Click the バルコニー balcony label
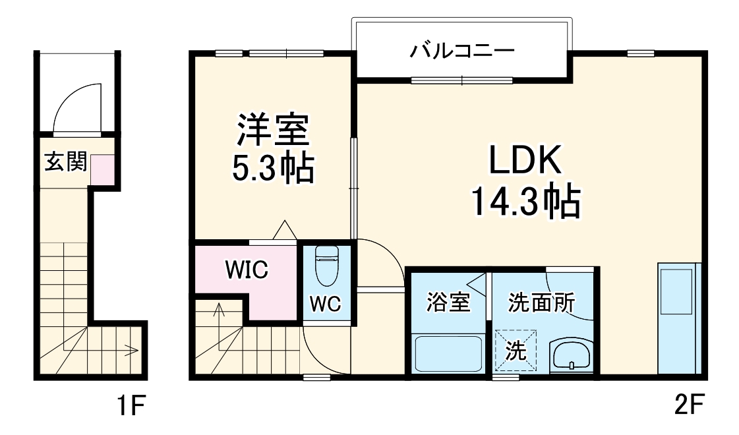click(x=461, y=50)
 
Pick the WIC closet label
click(x=245, y=270)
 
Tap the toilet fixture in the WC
click(x=326, y=264)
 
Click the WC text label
click(x=326, y=304)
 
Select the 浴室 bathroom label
click(x=448, y=303)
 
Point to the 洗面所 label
click(x=541, y=303)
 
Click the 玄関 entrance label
click(x=65, y=161)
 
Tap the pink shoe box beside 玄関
click(x=102, y=169)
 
